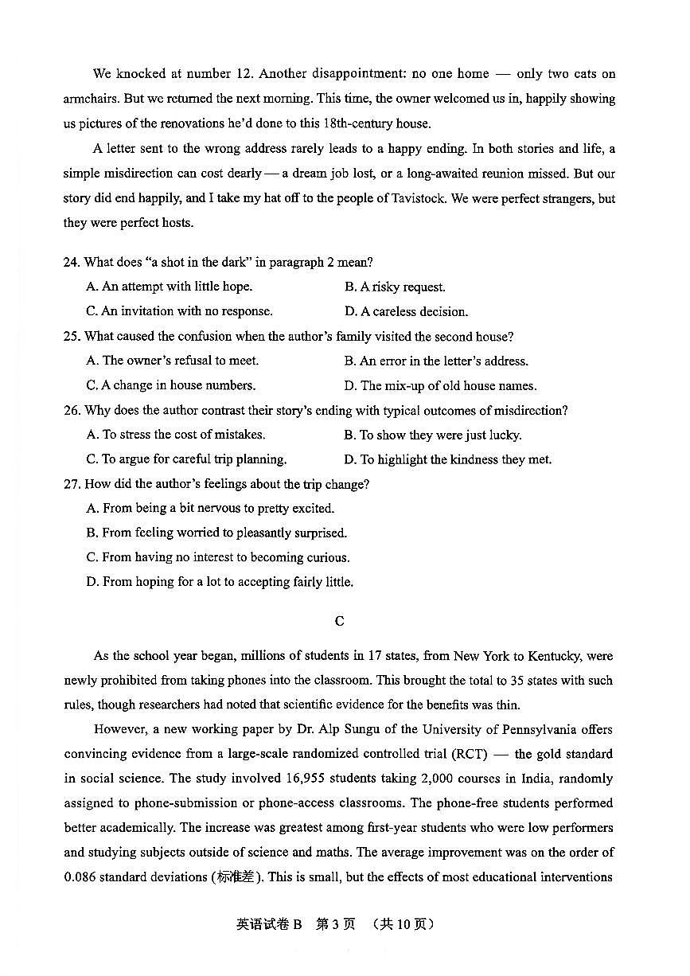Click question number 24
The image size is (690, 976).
(72, 262)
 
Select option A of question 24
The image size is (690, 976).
(169, 287)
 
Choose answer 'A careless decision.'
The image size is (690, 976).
(406, 311)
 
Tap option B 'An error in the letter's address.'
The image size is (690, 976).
(436, 361)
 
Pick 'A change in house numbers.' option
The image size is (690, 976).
(170, 385)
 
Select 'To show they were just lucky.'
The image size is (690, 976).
(432, 435)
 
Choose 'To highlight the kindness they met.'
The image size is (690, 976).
(447, 459)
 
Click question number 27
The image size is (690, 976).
(72, 484)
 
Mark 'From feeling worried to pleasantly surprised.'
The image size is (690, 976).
(216, 533)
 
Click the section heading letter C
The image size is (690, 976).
(340, 621)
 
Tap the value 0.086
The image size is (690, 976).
(81, 877)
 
